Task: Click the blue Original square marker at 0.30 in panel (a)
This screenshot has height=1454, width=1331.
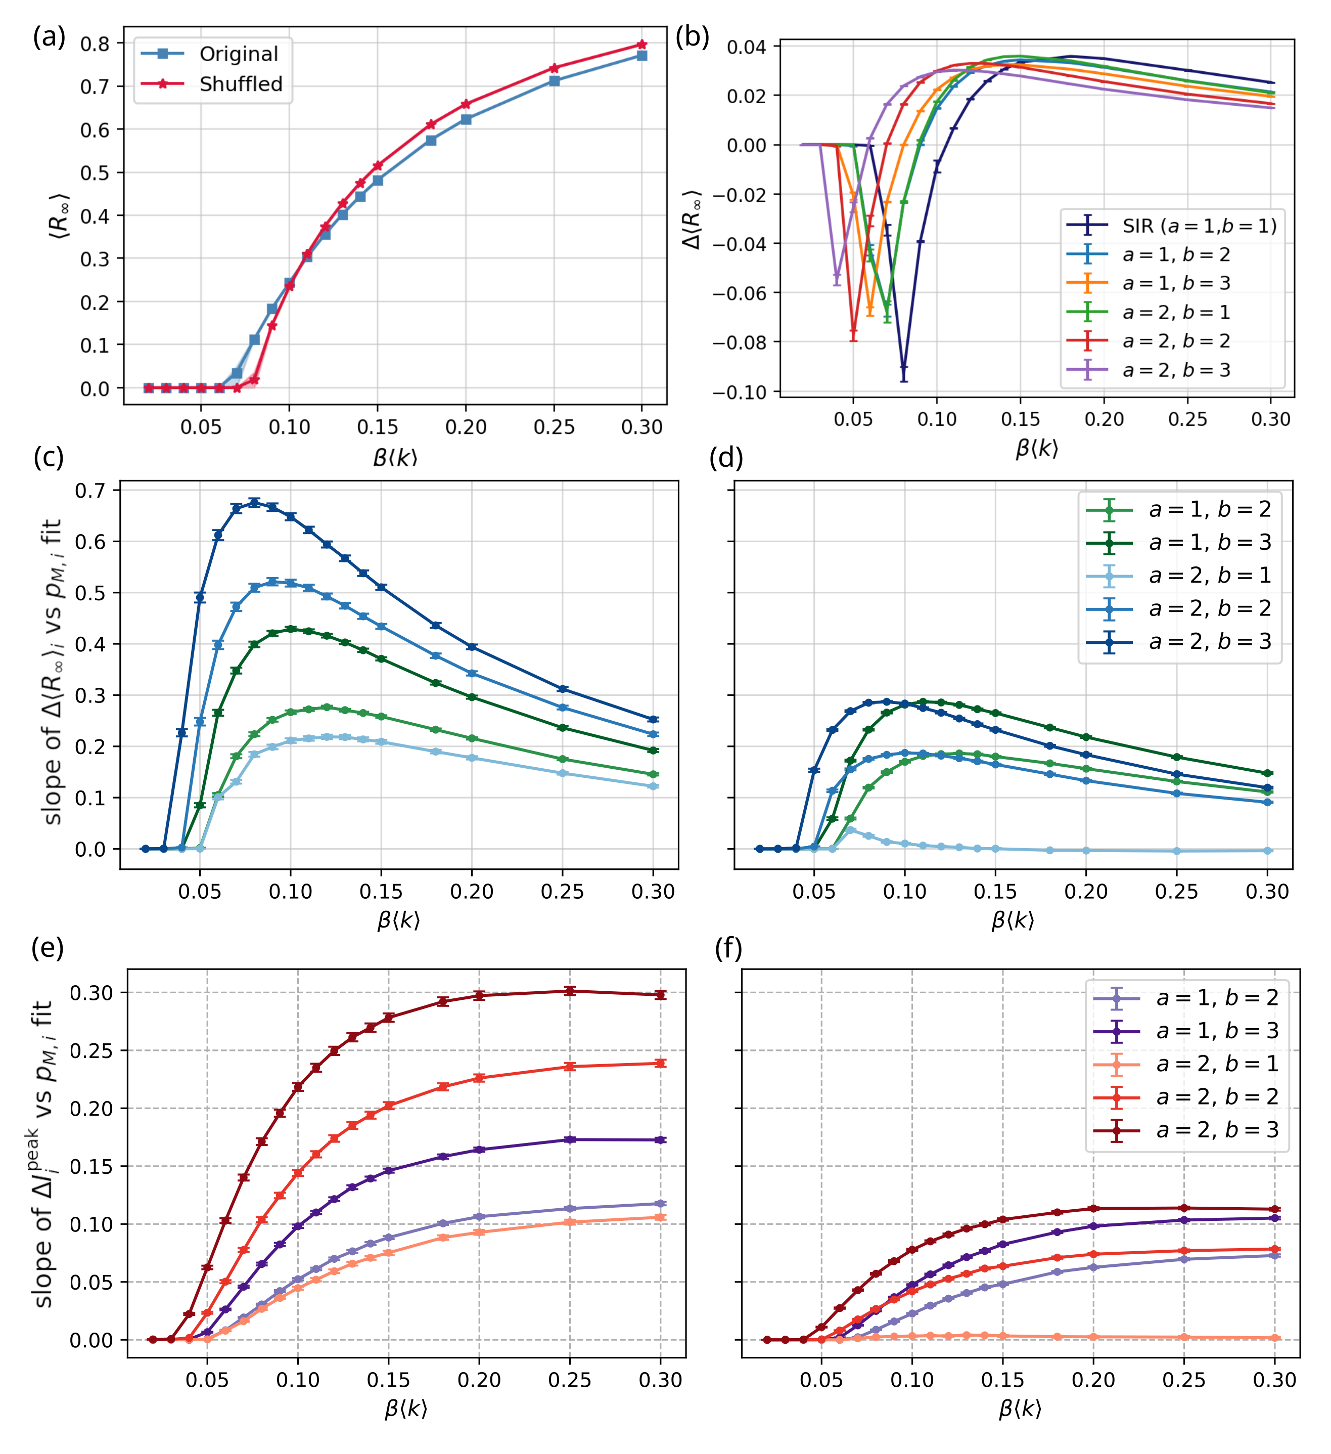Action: (x=641, y=56)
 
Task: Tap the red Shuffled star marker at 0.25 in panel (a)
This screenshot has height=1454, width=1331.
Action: (x=554, y=68)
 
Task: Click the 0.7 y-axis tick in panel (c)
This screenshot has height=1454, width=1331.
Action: (x=90, y=491)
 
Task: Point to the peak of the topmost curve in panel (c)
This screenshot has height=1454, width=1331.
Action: (x=254, y=502)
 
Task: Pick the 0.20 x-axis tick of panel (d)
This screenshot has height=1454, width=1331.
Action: (x=1086, y=892)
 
